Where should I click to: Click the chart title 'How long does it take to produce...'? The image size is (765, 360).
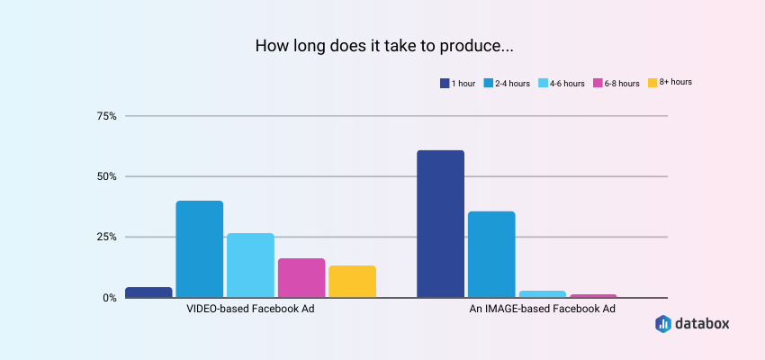pyautogui.click(x=382, y=45)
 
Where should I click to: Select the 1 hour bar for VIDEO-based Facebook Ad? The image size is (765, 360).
pyautogui.click(x=148, y=292)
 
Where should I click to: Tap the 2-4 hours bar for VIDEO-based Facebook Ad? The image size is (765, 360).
pyautogui.click(x=199, y=249)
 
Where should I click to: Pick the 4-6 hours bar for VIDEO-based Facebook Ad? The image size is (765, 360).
pyautogui.click(x=250, y=265)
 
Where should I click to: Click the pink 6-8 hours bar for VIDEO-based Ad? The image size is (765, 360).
pyautogui.click(x=301, y=278)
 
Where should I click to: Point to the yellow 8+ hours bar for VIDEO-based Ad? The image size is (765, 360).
pyautogui.click(x=352, y=282)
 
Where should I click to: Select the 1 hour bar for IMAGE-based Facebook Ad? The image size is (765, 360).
pyautogui.click(x=440, y=224)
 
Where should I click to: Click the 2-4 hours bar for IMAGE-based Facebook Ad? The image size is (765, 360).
pyautogui.click(x=491, y=255)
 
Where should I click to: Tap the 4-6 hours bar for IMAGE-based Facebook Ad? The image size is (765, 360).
pyautogui.click(x=542, y=294)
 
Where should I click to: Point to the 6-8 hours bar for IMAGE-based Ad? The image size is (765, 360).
pyautogui.click(x=593, y=295)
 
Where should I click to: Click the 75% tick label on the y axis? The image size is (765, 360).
pyautogui.click(x=106, y=116)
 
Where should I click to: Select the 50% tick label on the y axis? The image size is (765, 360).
pyautogui.click(x=106, y=176)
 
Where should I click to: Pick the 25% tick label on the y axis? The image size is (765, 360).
pyautogui.click(x=106, y=237)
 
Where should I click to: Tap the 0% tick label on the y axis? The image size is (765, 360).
pyautogui.click(x=109, y=298)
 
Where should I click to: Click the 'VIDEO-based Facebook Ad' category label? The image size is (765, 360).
pyautogui.click(x=250, y=309)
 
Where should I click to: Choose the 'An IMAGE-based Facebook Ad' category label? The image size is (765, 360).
pyautogui.click(x=543, y=309)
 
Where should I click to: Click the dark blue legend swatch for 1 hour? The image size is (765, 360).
pyautogui.click(x=445, y=84)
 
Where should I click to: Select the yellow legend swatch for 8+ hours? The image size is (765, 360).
pyautogui.click(x=652, y=84)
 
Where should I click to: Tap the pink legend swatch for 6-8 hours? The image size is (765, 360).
pyautogui.click(x=597, y=84)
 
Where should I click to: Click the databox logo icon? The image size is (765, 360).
pyautogui.click(x=663, y=324)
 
